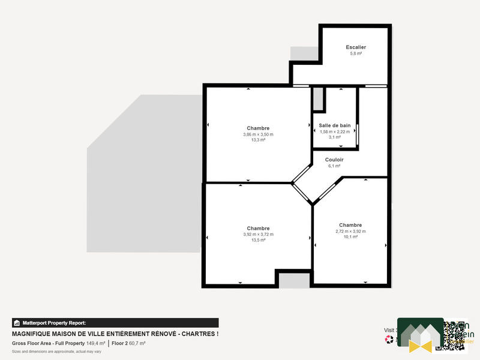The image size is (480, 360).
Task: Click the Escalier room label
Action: [x=356, y=47]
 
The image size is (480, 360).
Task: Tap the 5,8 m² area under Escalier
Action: [x=356, y=54]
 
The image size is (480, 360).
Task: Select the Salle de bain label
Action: [x=334, y=125]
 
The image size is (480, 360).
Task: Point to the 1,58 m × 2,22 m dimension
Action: [x=334, y=131]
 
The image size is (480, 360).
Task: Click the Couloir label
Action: [x=334, y=160]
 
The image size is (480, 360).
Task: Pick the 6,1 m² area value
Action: [x=334, y=166]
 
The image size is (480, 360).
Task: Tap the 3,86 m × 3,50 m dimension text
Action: [x=258, y=134]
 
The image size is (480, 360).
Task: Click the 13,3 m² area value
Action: [x=258, y=140]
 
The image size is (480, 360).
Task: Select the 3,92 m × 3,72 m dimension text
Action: [x=258, y=235]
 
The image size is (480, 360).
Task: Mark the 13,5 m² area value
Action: [x=258, y=240]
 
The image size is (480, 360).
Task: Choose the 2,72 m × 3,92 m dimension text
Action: [x=350, y=231]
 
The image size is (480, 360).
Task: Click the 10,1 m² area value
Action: [x=350, y=237]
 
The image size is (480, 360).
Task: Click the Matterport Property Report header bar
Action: [x=115, y=323]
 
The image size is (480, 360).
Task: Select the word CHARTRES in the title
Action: [x=197, y=334]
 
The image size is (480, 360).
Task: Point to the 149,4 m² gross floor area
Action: [x=96, y=343]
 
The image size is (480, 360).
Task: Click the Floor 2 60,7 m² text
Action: [x=128, y=343]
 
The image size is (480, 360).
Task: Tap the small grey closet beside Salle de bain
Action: [x=318, y=99]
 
